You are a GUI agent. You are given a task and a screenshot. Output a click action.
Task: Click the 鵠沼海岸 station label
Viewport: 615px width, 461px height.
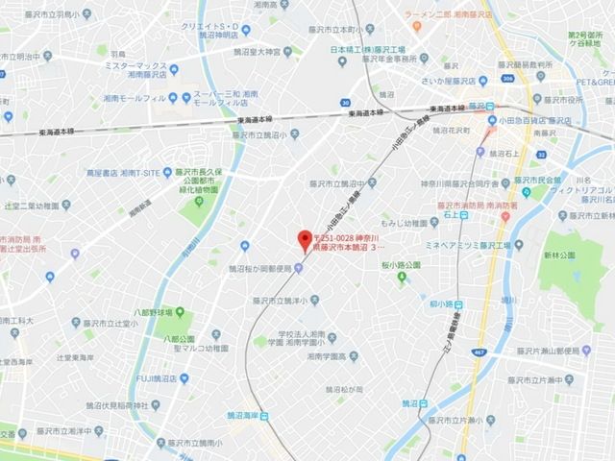pyautogui.click(x=236, y=414)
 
